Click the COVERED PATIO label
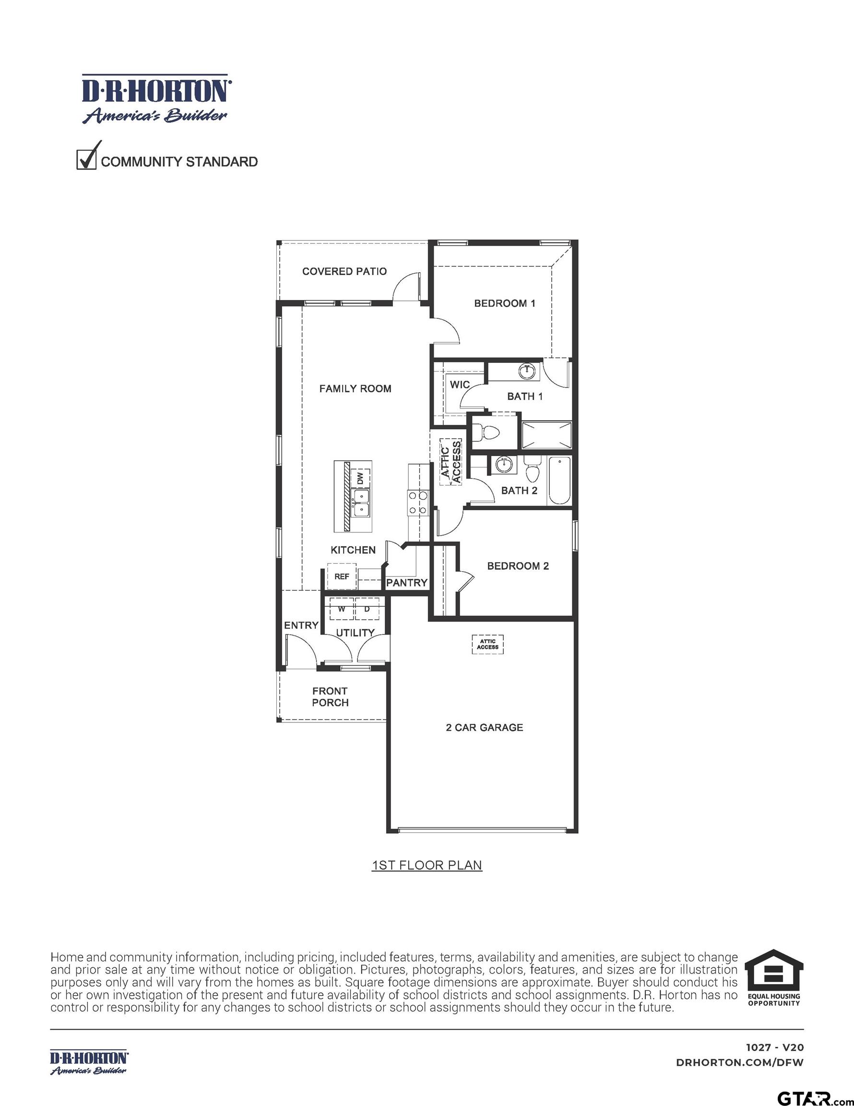point(344,271)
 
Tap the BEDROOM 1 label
point(504,303)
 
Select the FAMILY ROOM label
point(355,388)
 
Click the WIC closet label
point(460,385)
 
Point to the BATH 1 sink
point(526,371)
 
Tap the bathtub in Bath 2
point(559,480)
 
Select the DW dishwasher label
point(360,478)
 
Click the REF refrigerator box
point(342,577)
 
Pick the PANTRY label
point(406,583)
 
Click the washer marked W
point(342,609)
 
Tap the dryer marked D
point(367,609)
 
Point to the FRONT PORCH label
point(330,697)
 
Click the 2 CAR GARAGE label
point(484,727)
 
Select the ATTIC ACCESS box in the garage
point(487,644)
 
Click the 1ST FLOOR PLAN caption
point(427,865)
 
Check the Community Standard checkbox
point(86,159)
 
